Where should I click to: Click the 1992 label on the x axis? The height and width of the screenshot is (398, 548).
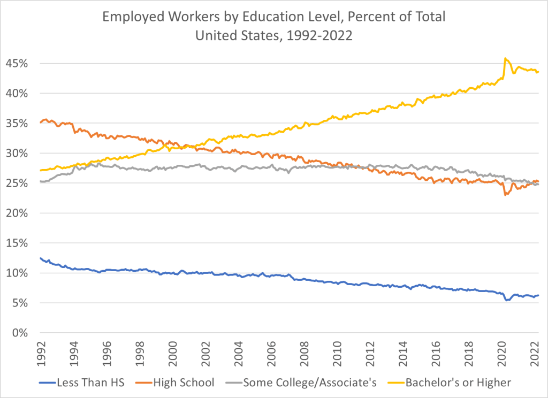[x=41, y=354]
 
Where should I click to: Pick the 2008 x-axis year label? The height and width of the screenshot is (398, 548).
[x=305, y=354]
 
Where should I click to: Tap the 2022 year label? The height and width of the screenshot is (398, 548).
[x=536, y=354]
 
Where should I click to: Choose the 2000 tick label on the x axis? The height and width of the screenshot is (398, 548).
[x=173, y=354]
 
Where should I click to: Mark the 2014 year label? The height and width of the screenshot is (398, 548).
[x=404, y=354]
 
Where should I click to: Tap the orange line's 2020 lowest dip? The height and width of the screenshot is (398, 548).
[x=505, y=195]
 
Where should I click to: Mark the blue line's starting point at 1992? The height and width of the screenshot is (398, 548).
[x=41, y=258]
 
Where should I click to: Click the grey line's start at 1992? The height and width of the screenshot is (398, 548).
[x=41, y=181]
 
